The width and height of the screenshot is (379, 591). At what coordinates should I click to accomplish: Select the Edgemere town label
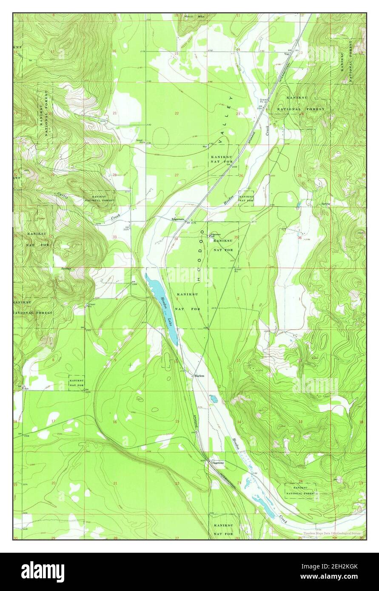pyautogui.click(x=178, y=219)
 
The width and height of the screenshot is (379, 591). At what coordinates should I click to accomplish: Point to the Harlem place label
pyautogui.click(x=199, y=376)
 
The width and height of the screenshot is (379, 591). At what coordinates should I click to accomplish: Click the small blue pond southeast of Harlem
pyautogui.click(x=213, y=399)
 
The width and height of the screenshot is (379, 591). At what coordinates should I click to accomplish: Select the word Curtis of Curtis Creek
pyautogui.click(x=63, y=196)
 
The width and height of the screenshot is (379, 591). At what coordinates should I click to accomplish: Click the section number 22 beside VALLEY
pyautogui.click(x=177, y=113)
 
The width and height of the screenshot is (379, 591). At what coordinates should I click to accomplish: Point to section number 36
pyautogui.click(x=300, y=238)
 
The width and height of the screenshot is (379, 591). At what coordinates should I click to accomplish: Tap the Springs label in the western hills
pyautogui.click(x=66, y=269)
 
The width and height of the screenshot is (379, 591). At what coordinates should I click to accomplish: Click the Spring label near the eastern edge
pyautogui.click(x=326, y=203)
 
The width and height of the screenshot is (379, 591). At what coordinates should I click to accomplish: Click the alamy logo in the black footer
pyautogui.click(x=43, y=571)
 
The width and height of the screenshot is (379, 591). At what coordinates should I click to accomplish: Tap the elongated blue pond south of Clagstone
pyautogui.click(x=264, y=506)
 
